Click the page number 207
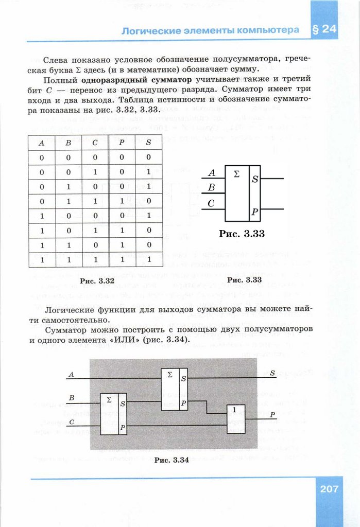click(x=329, y=488)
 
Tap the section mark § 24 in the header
click(x=324, y=30)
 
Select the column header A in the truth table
click(x=41, y=144)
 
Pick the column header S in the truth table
click(x=148, y=144)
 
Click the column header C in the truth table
click(x=95, y=144)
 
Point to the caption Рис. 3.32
click(x=96, y=281)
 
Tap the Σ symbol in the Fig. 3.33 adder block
click(x=236, y=174)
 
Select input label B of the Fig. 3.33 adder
click(x=211, y=187)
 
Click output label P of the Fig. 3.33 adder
click(x=255, y=211)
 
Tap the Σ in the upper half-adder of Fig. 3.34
click(x=170, y=374)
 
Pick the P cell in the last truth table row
click(x=122, y=260)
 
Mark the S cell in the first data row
click(x=148, y=157)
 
